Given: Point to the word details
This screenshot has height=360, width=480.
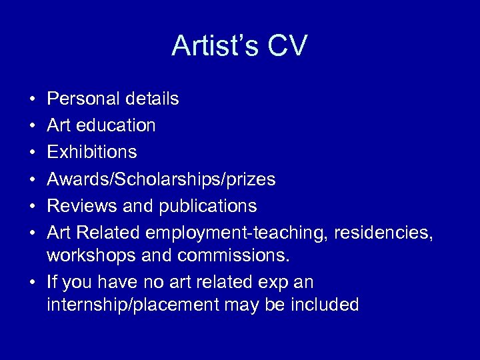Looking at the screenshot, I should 153,99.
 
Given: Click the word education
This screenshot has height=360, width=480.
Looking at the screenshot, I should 115,125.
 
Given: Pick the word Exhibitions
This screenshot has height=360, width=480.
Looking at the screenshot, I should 92,152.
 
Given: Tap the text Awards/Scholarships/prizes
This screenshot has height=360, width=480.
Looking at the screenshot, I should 161,179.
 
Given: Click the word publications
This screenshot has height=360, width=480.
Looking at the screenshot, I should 207,206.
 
